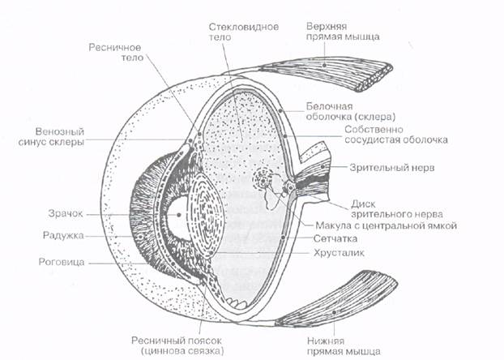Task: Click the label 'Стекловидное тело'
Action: coord(243,32)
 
